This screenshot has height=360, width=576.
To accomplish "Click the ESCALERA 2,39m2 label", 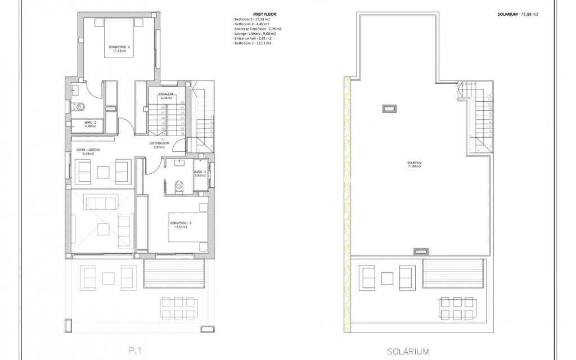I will click(x=165, y=96).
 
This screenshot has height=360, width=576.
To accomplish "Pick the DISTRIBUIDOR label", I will click(x=159, y=145).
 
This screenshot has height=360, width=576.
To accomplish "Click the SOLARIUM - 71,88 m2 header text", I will click(x=517, y=14).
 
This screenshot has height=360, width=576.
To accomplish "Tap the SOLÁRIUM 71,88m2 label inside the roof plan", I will click(x=415, y=165).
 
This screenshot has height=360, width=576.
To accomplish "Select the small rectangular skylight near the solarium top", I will click(x=389, y=109).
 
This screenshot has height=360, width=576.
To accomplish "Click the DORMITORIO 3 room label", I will click(x=181, y=225).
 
